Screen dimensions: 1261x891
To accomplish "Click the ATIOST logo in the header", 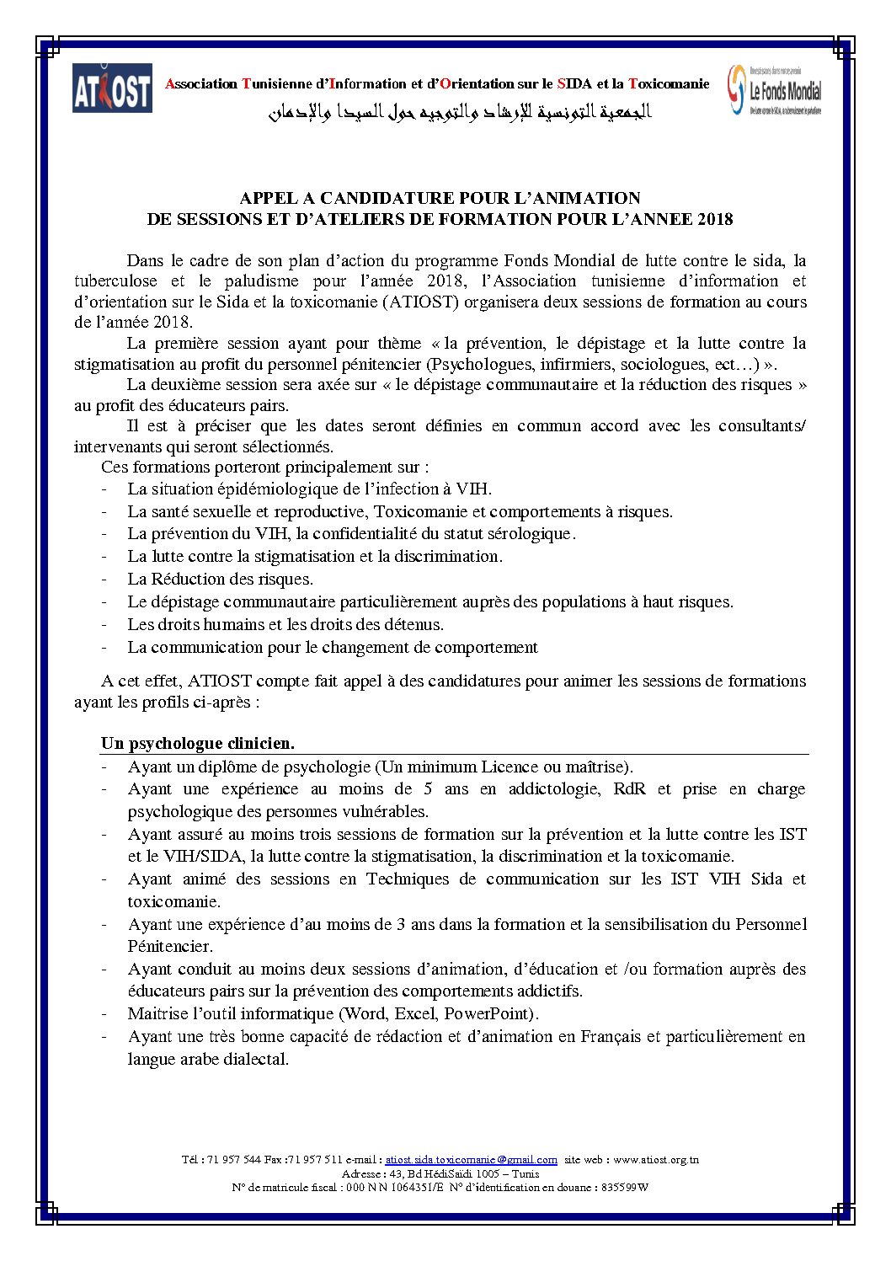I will click(x=112, y=88).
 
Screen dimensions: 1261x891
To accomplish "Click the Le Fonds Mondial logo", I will click(x=775, y=90).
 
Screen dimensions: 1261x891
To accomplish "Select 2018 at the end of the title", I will click(x=715, y=220).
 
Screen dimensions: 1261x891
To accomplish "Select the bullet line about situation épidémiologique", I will click(x=309, y=489).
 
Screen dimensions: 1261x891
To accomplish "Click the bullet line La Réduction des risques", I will click(x=220, y=580).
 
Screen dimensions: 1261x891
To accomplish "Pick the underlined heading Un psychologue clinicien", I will click(x=198, y=744).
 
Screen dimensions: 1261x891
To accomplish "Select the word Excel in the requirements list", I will click(x=417, y=1014).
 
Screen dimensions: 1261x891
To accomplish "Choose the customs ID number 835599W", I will click(x=624, y=1188).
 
